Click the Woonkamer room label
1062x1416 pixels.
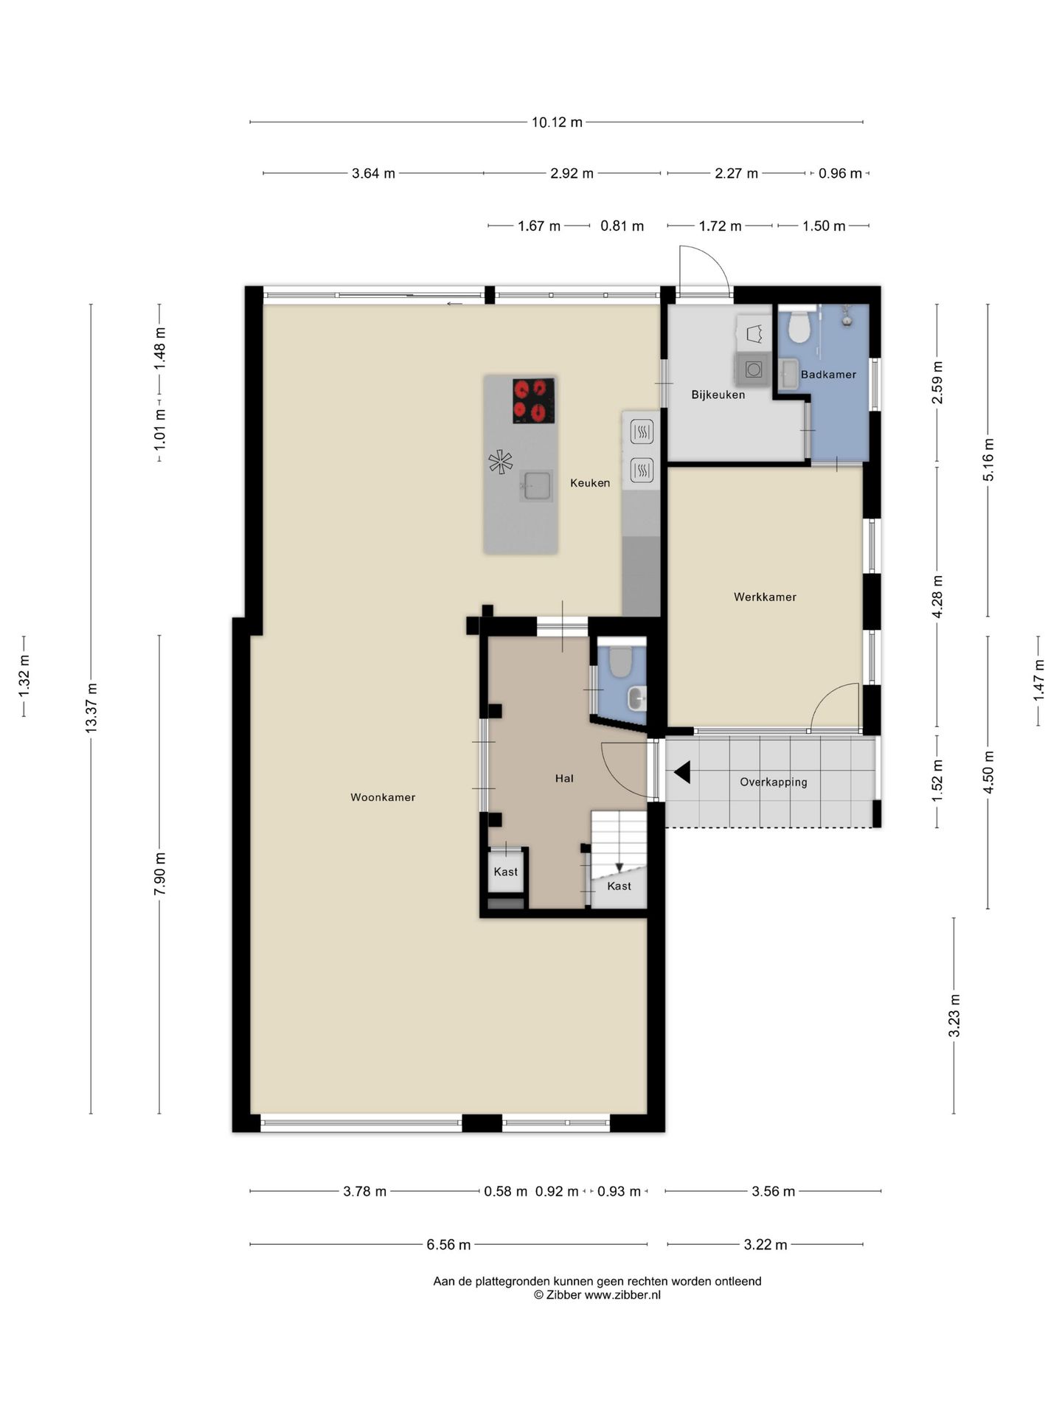(383, 797)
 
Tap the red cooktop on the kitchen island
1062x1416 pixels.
(533, 400)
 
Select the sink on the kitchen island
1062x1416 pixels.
(536, 486)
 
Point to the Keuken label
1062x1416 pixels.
(590, 483)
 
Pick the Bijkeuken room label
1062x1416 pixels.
(718, 395)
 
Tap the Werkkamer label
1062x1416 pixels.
(765, 597)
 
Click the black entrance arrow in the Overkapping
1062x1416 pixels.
(682, 772)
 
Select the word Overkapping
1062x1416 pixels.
(774, 782)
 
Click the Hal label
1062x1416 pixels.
(564, 778)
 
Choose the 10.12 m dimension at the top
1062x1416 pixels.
(557, 122)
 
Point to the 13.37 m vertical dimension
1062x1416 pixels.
(91, 708)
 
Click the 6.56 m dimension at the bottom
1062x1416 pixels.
(448, 1245)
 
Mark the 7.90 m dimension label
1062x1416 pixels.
(160, 873)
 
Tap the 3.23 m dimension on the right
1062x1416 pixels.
(954, 1016)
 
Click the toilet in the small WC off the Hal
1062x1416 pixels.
(620, 662)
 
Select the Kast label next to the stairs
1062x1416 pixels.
(619, 886)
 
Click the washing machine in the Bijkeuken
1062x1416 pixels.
(753, 368)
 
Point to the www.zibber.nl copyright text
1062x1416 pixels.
(597, 1295)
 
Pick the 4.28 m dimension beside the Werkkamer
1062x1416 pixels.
(938, 597)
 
